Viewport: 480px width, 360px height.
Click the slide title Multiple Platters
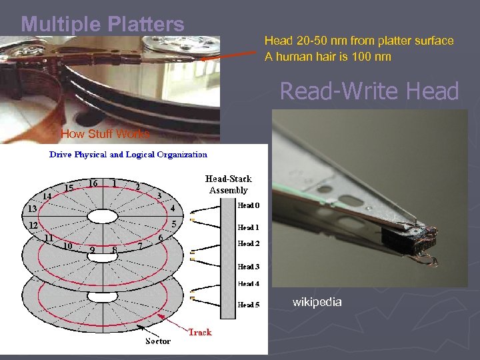[103, 25]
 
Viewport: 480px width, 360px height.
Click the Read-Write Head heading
[369, 91]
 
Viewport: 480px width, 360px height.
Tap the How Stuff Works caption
[105, 134]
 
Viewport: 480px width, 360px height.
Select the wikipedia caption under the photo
[317, 302]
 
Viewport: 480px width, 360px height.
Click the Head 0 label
[249, 206]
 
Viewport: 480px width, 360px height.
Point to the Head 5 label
[249, 305]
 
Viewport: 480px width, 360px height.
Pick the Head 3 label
[249, 267]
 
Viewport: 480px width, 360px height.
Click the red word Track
[199, 331]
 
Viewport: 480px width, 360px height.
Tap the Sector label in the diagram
[158, 341]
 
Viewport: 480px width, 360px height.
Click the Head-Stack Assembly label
[228, 184]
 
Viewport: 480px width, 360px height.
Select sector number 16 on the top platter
[93, 183]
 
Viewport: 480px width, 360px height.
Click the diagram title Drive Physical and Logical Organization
[129, 155]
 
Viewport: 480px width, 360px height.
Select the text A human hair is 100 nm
[327, 57]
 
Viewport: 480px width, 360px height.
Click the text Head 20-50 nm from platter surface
[359, 41]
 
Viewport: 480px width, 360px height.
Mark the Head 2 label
[249, 244]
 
